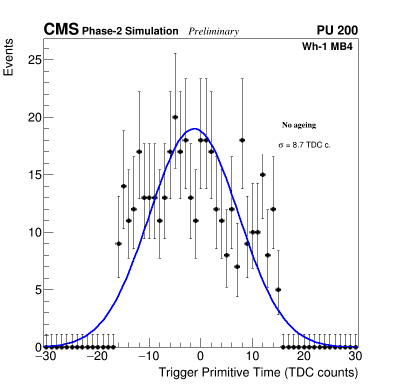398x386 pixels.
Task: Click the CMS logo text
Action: click(x=61, y=30)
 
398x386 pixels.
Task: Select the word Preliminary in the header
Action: click(x=213, y=31)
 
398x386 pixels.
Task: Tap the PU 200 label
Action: click(x=337, y=30)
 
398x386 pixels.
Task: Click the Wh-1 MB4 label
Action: click(x=327, y=47)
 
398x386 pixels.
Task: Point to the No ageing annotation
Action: click(x=299, y=125)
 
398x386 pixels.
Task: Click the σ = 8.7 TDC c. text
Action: click(x=304, y=145)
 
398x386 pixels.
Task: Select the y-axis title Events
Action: click(x=8, y=57)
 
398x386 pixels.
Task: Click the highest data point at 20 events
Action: click(x=175, y=117)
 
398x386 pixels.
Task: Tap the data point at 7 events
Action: click(x=237, y=266)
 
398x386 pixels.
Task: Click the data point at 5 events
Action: click(x=278, y=289)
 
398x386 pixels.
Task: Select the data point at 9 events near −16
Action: click(x=118, y=243)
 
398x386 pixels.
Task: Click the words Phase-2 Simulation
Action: click(x=130, y=31)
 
